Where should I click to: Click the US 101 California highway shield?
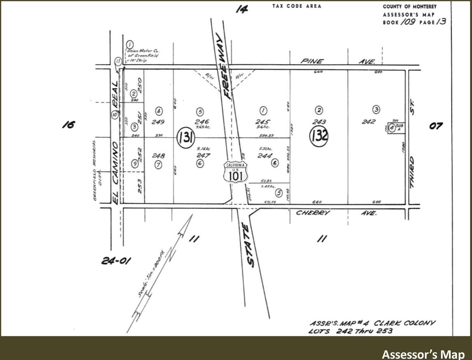point(236,172)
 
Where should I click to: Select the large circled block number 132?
point(319,135)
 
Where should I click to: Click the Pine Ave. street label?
point(338,61)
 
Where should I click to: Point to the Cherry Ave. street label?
point(336,213)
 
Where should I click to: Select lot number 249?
point(158,122)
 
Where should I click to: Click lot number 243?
point(319,122)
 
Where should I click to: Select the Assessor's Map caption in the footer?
point(423,354)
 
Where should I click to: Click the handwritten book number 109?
point(408,22)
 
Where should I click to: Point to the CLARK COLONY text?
point(404,323)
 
